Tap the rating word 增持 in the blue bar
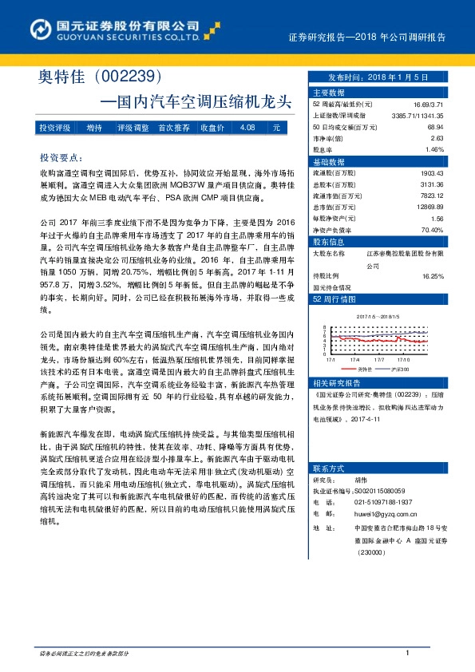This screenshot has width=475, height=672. tap(94, 128)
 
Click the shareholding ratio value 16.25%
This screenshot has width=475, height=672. tap(432, 276)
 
